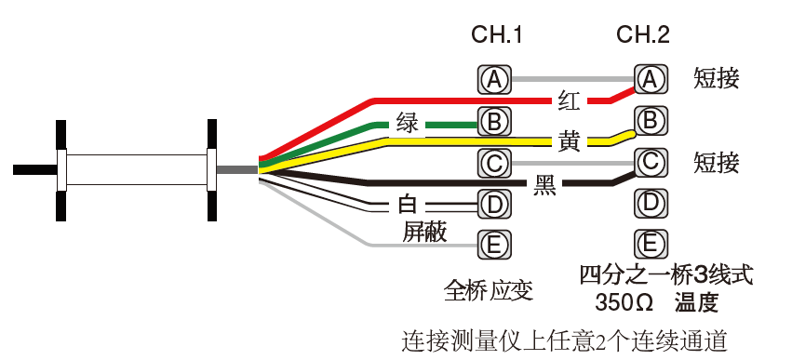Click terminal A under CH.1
click(x=495, y=80)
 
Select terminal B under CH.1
click(x=495, y=121)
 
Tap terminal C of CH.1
click(x=495, y=163)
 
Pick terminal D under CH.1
click(x=495, y=202)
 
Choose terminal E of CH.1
click(x=495, y=245)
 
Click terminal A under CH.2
click(x=650, y=80)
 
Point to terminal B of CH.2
click(x=650, y=121)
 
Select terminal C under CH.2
click(x=650, y=163)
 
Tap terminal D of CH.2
click(x=650, y=202)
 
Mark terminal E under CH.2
click(x=650, y=245)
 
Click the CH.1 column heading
click(x=496, y=36)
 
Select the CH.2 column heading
click(x=643, y=36)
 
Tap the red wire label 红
click(x=570, y=99)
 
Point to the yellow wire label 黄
click(x=570, y=142)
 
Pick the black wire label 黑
click(x=545, y=184)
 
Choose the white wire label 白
click(x=408, y=204)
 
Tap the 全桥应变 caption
click(x=489, y=290)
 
